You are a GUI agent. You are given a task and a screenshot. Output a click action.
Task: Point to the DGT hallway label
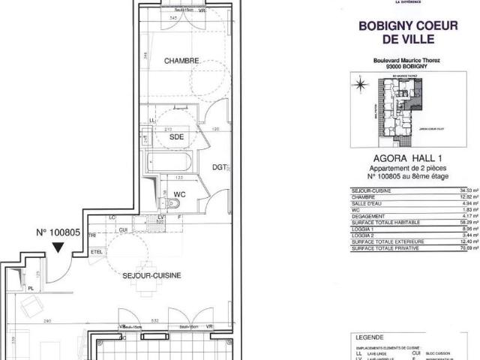219,167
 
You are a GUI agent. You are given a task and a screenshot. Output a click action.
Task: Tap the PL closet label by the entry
30,286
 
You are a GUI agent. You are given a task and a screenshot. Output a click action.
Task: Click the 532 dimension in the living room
154,300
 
